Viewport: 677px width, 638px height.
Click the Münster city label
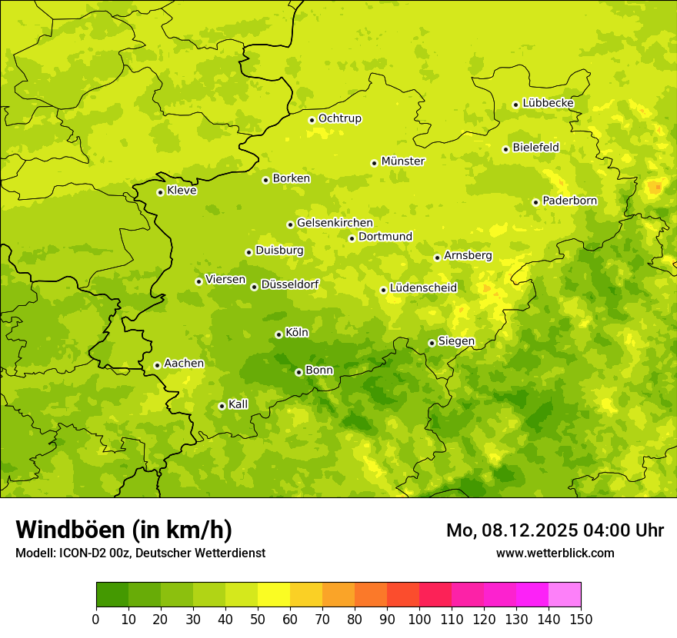coord(402,161)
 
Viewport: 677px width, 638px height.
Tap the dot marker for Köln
coord(278,334)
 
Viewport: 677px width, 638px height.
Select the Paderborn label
coord(569,201)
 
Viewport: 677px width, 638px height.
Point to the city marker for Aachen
coord(157,365)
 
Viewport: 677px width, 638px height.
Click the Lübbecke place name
coord(548,103)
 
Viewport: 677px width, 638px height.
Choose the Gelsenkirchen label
coord(335,223)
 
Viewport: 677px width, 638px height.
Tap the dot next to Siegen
coord(432,343)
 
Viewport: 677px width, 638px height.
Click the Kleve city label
coord(182,191)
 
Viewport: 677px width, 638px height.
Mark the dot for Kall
coord(222,406)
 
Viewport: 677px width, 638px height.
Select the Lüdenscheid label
coord(423,288)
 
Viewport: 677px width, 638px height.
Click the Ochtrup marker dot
coord(312,119)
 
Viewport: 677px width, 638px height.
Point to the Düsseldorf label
coord(290,284)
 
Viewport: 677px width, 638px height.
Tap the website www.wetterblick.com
coord(555,553)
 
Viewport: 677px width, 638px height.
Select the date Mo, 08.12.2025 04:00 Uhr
coord(555,530)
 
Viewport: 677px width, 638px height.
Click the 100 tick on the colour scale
coord(419,619)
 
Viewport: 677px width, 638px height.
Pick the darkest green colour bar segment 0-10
coord(112,595)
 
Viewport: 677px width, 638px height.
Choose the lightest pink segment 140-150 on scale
coord(565,595)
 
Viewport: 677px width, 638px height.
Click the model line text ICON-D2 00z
coord(91,553)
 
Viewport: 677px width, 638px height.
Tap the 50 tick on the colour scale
coord(258,619)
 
